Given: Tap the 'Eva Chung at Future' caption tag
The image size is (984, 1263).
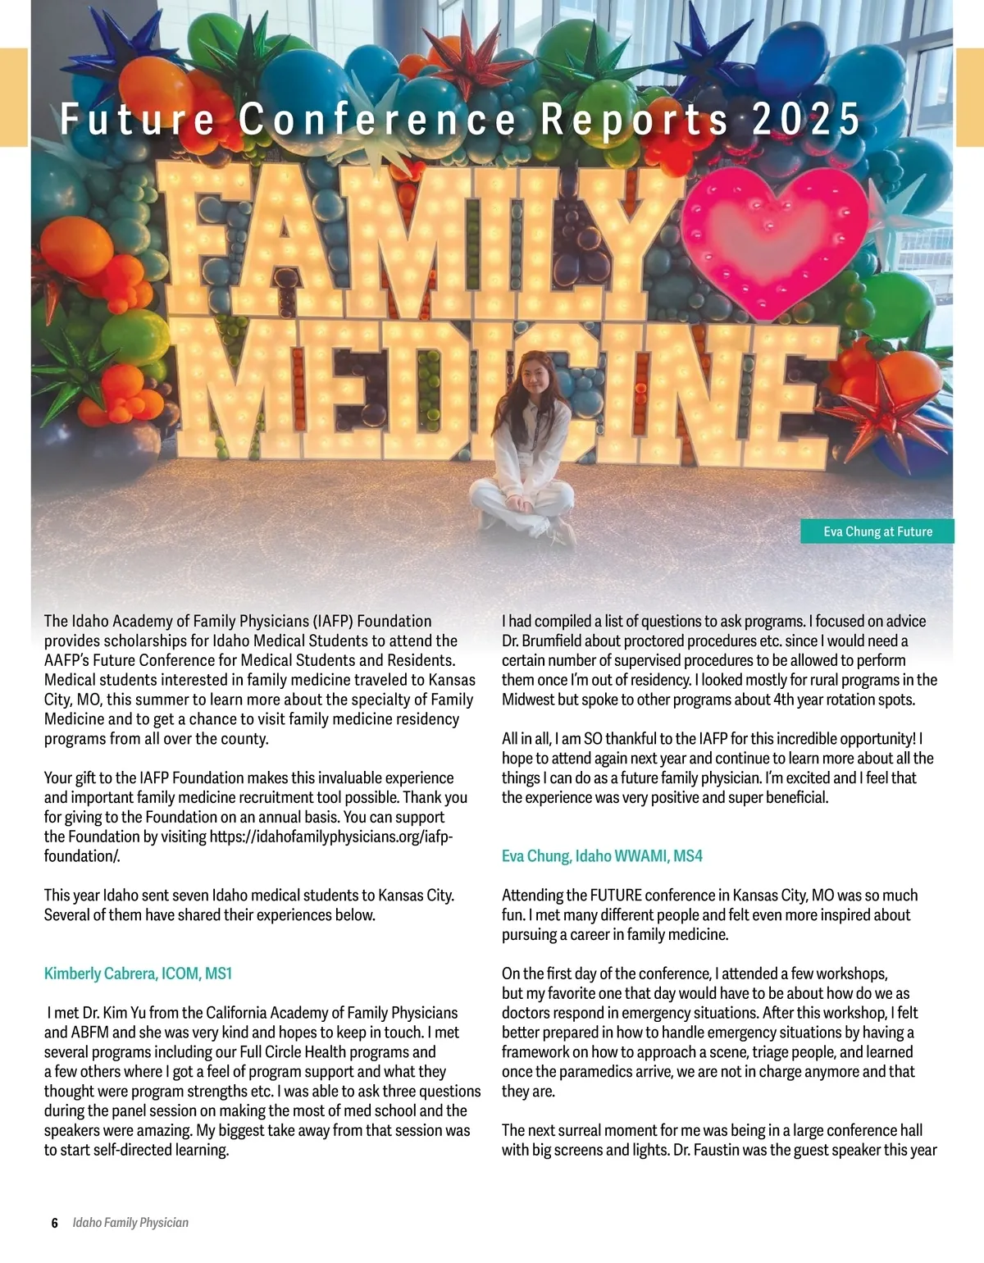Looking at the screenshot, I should (877, 531).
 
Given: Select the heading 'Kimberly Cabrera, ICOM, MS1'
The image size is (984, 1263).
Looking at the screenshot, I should (138, 973).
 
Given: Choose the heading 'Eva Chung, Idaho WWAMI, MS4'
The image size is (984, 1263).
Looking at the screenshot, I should (602, 855).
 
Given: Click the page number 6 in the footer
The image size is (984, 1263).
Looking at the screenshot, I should (55, 1223).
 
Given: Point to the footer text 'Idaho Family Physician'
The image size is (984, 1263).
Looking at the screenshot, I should (130, 1223).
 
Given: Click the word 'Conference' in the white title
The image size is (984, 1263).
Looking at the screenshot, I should (378, 119).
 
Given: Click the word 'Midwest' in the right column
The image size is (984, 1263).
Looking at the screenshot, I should (529, 700).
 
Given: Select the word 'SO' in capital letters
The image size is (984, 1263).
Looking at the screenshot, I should (593, 739).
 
